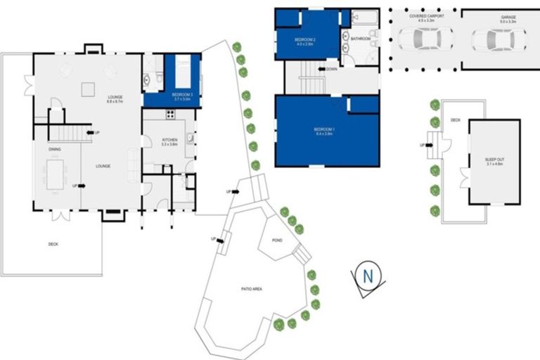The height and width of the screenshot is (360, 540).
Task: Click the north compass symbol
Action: pyautogui.click(x=366, y=276)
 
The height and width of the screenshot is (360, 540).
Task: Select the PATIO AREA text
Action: pyautogui.click(x=251, y=289)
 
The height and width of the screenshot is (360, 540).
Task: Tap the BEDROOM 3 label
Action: pyautogui.click(x=182, y=94)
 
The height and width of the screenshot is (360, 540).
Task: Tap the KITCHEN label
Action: pyautogui.click(x=169, y=141)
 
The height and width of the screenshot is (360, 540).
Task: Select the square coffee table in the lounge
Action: pyautogui.click(x=87, y=89)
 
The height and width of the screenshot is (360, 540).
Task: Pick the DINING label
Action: pyautogui.click(x=54, y=149)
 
